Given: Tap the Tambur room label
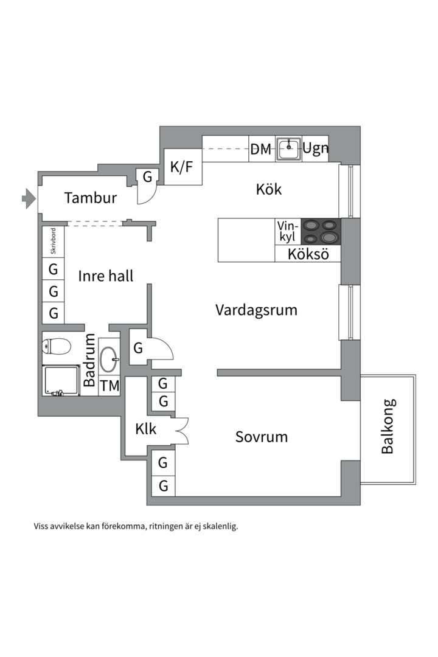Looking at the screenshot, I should click(x=91, y=198).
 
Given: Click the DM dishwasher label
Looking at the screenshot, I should click(x=261, y=149).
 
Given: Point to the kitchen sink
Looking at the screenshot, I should click(x=289, y=148).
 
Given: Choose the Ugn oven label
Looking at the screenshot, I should click(x=316, y=148).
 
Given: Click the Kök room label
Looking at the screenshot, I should click(x=269, y=189).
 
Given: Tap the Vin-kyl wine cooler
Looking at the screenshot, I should click(x=288, y=232).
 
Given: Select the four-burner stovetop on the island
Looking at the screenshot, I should click(x=321, y=232).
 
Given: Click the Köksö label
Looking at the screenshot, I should click(x=308, y=254).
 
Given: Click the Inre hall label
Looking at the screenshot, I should click(x=106, y=276).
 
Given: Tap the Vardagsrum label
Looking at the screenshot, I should click(x=256, y=310).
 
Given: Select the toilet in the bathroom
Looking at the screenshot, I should click(x=56, y=347).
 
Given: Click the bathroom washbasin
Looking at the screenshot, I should click(x=110, y=359).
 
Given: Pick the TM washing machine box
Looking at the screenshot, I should click(x=109, y=386).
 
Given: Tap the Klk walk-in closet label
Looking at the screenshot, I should click(x=146, y=429).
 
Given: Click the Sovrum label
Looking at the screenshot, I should click(x=262, y=437).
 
